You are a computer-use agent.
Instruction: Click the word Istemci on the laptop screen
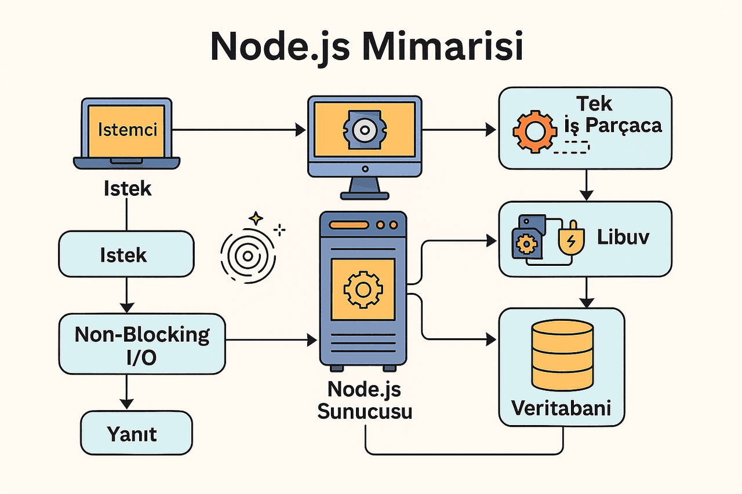[x=128, y=129]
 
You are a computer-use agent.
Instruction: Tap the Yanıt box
[x=136, y=433]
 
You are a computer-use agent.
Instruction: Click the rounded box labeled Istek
[x=125, y=255]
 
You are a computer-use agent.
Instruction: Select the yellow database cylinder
[x=562, y=356]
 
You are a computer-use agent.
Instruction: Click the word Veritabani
[x=562, y=408]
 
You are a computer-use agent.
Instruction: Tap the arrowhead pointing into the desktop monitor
[x=300, y=130]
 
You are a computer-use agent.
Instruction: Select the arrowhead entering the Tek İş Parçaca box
[x=493, y=130]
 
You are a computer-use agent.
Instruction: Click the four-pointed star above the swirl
[x=255, y=219]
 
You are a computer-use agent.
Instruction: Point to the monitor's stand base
[x=364, y=194]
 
